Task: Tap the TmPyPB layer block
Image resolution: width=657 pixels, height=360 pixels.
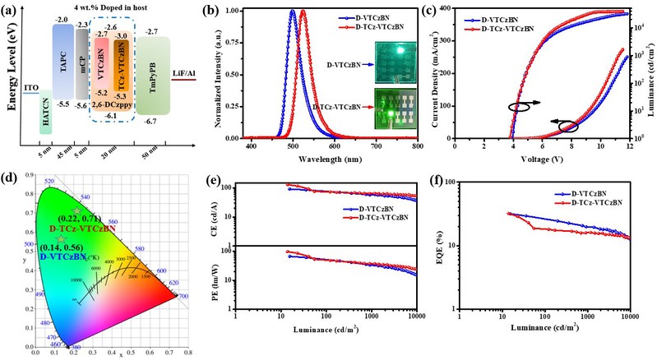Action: (152, 83)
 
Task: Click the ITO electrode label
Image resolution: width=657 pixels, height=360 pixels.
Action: (30, 87)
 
